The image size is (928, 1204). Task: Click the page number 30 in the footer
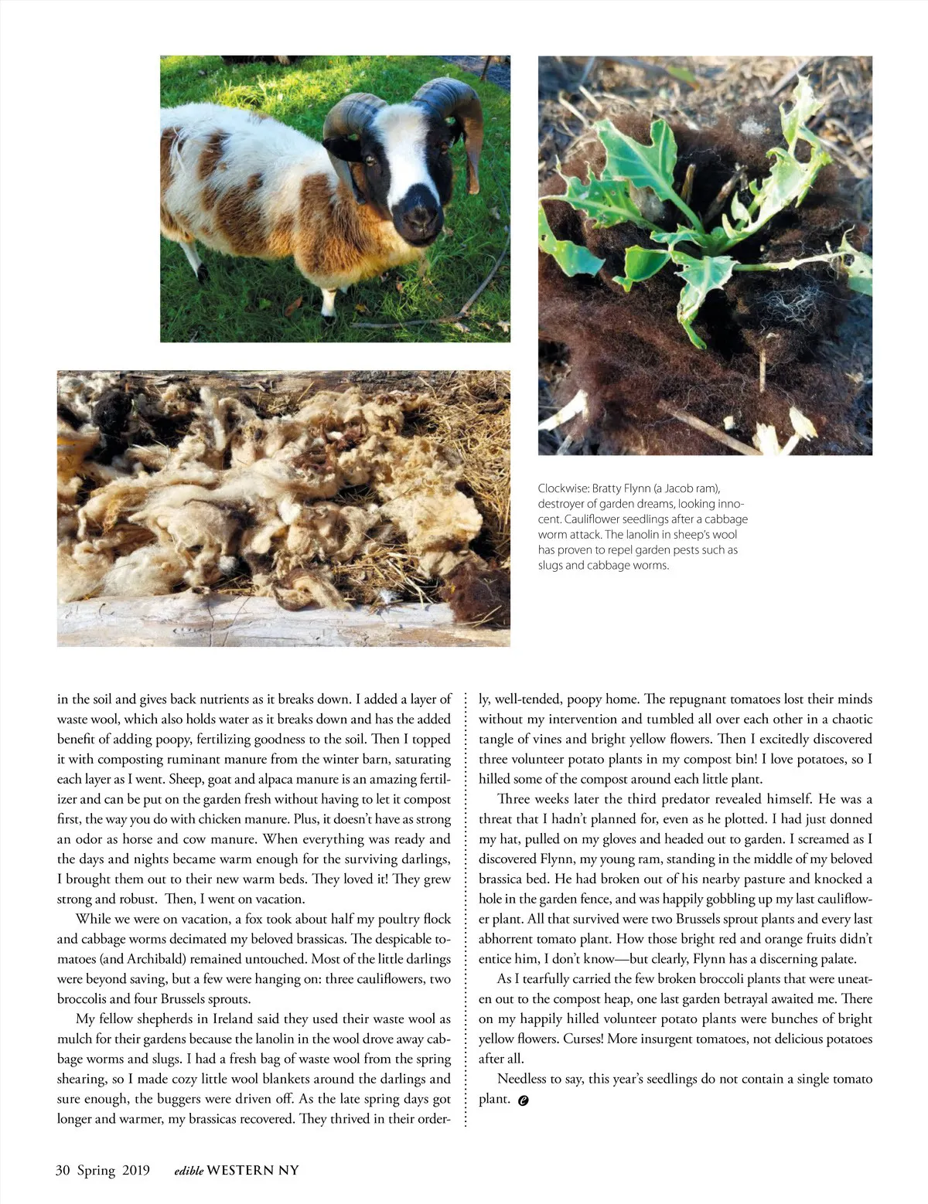click(x=63, y=1170)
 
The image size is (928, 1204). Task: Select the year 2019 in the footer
click(x=136, y=1170)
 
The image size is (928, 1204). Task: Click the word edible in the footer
click(x=189, y=1171)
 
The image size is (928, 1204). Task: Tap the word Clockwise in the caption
click(x=562, y=488)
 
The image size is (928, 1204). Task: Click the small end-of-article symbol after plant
click(x=524, y=1100)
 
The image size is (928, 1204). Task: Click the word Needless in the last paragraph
click(x=521, y=1079)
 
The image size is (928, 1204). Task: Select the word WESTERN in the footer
click(x=241, y=1170)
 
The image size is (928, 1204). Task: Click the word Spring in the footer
click(x=97, y=1170)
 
